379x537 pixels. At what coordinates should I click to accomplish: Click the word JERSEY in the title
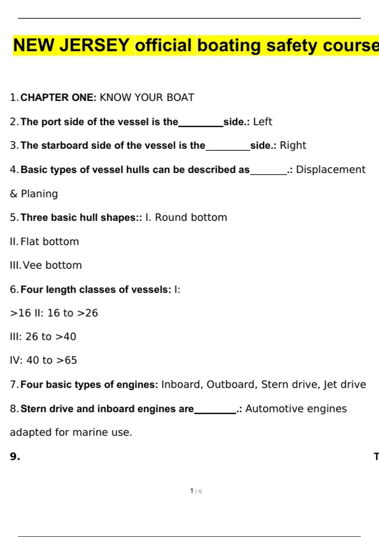pos(94,45)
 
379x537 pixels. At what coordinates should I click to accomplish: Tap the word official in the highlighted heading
pos(163,45)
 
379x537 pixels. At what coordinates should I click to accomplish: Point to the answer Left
pos(262,122)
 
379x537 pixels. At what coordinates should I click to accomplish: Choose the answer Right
pos(293,145)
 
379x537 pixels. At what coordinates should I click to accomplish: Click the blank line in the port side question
pos(201,126)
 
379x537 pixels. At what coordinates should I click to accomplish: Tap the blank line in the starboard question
pos(228,149)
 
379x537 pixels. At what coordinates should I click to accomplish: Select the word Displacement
pos(331,170)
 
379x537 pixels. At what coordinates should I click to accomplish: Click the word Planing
pos(39,194)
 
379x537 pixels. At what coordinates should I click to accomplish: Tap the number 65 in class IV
pos(71,360)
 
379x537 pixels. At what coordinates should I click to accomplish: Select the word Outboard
pos(230,384)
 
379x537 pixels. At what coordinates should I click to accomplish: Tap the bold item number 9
pos(15,456)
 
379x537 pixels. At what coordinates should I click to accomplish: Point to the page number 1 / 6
pos(196,491)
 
